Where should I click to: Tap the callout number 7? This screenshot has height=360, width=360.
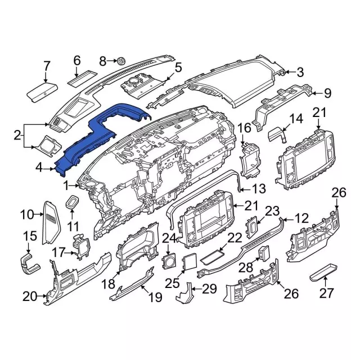47,67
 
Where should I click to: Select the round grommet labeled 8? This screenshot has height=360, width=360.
120,60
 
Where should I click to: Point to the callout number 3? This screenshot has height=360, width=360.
300,72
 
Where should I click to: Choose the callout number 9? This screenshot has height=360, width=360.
327,93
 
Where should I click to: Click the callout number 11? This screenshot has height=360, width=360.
71,227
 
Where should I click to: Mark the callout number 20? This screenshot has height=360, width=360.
29,295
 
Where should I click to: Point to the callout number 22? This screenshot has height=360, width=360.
234,238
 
